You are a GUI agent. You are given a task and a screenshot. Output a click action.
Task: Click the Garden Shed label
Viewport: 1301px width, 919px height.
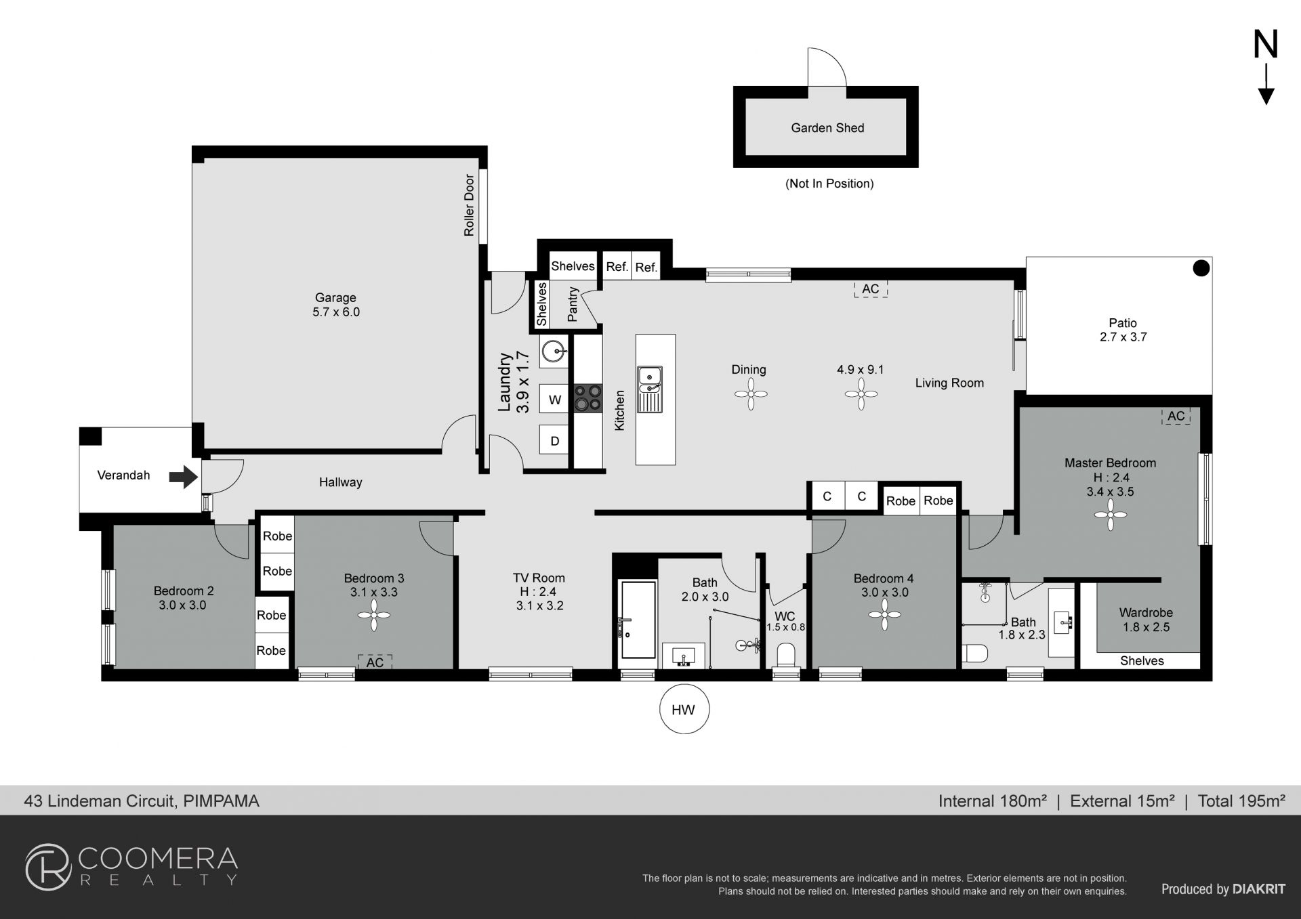click(827, 128)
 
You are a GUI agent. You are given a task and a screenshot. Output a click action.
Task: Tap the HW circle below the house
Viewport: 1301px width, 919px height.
click(684, 709)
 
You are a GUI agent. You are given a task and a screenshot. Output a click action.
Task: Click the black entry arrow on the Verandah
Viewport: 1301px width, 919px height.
click(183, 477)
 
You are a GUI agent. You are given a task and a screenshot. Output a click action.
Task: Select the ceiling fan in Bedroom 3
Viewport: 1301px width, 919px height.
click(374, 615)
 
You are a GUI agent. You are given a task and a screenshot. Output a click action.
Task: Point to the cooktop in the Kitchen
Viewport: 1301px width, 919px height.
click(587, 398)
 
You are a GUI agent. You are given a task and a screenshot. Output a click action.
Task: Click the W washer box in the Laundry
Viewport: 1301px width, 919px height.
click(554, 399)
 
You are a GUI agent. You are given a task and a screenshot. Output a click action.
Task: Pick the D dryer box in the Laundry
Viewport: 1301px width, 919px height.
click(554, 441)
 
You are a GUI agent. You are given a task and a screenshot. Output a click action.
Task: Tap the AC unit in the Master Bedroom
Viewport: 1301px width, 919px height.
click(1176, 416)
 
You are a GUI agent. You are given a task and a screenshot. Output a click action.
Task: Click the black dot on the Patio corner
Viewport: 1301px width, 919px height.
click(1201, 269)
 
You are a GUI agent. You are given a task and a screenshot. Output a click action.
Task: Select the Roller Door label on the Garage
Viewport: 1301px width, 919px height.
click(469, 205)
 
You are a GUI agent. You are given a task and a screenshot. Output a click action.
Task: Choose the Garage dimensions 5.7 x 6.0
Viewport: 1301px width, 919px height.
click(336, 312)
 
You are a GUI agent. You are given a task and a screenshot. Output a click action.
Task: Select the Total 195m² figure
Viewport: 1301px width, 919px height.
click(1241, 801)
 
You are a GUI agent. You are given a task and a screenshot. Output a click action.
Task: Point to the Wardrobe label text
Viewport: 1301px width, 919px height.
click(1146, 612)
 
